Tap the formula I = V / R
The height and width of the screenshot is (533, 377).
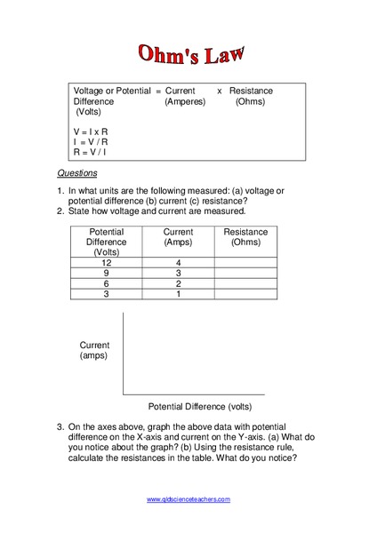[x=92, y=141]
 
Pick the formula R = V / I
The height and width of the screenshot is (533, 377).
[x=92, y=152]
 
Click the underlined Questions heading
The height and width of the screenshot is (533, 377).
[x=77, y=173]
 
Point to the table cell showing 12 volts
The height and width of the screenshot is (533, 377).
[x=107, y=263]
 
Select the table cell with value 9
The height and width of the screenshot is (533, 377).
[x=107, y=274]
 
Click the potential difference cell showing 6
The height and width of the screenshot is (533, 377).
[x=107, y=283]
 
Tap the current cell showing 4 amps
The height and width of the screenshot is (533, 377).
[x=178, y=263]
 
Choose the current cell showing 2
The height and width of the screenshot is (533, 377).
[x=178, y=283]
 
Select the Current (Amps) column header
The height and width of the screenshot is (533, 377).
[x=178, y=237]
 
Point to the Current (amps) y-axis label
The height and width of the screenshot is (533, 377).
[x=94, y=350]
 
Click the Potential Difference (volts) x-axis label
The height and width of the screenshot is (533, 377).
[x=200, y=407]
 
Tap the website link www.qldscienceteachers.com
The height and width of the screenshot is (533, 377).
[x=188, y=499]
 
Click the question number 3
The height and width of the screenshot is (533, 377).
[x=60, y=426]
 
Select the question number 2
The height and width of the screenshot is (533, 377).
[x=60, y=211]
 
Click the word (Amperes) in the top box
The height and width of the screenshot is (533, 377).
[x=185, y=102]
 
